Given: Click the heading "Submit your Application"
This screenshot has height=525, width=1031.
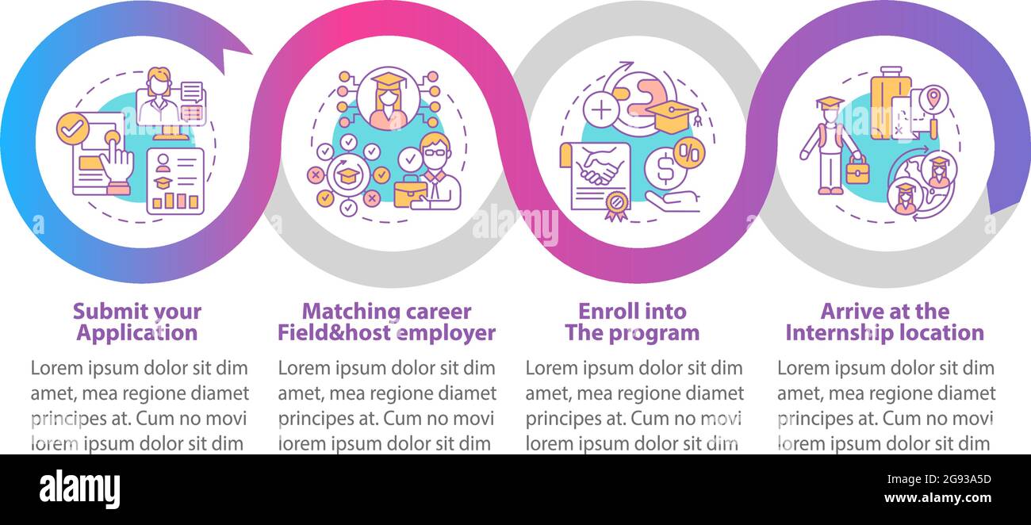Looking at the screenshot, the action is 136,322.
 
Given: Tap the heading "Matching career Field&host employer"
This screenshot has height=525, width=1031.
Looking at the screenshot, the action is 386,322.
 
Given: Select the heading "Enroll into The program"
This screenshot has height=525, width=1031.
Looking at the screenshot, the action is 632,322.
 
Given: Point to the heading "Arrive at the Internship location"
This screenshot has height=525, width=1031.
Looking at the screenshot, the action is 884,322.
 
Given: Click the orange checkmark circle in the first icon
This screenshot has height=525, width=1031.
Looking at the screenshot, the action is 71,127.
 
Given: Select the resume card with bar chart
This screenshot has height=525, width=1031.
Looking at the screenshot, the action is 175,181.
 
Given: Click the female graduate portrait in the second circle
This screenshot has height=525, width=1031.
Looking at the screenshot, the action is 388,100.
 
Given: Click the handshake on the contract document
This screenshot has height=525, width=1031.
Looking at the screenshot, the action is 600,170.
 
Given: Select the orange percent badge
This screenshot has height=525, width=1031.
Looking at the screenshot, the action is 688,151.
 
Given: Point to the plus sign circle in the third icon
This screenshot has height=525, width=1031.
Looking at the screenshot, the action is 602,109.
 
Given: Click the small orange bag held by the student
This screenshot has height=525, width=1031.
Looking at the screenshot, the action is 857,170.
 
